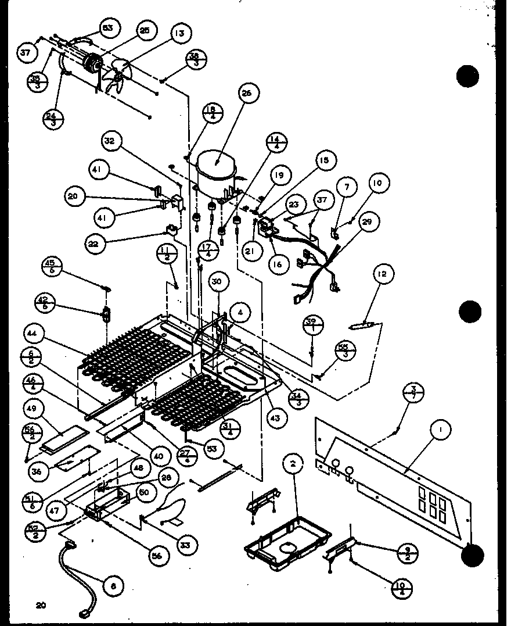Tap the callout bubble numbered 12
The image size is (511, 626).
point(383,273)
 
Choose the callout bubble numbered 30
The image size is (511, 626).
point(217,282)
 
